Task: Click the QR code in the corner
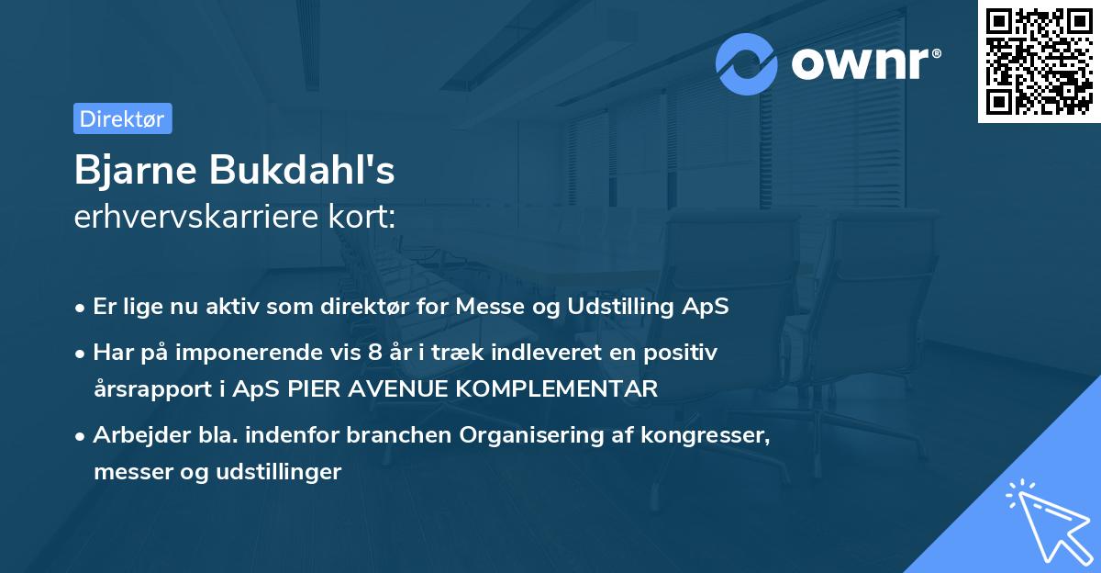[1039, 62]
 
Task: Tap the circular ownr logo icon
[747, 64]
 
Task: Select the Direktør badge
[122, 118]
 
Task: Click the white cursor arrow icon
[1046, 520]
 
